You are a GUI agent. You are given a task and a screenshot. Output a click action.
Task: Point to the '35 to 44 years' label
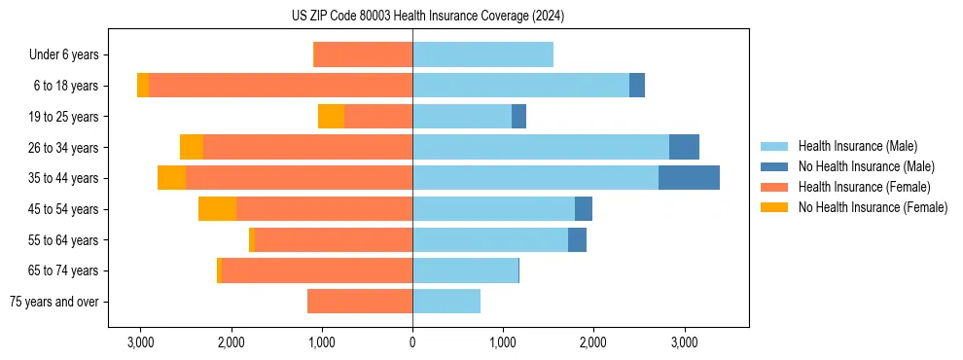tap(63, 178)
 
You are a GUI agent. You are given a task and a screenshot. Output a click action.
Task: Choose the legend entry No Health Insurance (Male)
tap(866, 166)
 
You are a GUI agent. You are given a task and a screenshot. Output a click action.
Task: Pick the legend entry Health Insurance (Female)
tap(864, 187)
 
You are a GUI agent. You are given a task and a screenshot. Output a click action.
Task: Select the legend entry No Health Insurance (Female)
tap(873, 207)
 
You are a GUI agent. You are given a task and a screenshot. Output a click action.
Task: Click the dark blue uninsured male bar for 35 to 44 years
tap(689, 178)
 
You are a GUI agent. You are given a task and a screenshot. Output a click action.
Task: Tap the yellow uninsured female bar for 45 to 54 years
tap(217, 209)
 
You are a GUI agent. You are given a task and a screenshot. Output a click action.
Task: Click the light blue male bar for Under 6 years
tap(482, 55)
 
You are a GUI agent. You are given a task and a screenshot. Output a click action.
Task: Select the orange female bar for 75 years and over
tap(360, 302)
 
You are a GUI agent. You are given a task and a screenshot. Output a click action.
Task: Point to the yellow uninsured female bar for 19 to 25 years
tap(331, 117)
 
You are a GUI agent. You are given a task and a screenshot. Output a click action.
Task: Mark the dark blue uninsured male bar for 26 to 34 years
tap(684, 147)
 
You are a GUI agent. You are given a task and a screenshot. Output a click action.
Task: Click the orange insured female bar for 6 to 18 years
tap(280, 86)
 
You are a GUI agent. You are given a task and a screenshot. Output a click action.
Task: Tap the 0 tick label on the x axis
tap(412, 342)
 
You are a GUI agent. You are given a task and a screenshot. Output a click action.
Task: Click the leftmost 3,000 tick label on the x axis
tap(140, 342)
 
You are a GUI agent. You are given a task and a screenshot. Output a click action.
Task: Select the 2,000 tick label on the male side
tap(593, 342)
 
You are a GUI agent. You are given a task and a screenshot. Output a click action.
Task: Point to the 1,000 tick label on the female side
tap(322, 342)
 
